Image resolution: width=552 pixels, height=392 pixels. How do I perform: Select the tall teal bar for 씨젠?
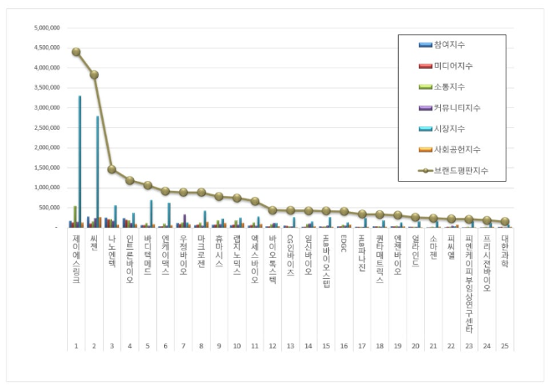pyautogui.click(x=98, y=172)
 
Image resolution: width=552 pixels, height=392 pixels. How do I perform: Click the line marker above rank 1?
pyautogui.click(x=76, y=52)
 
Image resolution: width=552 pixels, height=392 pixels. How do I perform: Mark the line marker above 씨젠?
pyautogui.click(x=94, y=75)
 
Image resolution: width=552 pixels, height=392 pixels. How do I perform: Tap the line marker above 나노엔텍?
pyautogui.click(x=111, y=169)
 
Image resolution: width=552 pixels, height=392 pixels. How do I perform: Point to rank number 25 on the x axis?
pyautogui.click(x=505, y=345)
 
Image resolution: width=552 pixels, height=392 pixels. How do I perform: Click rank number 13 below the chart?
pyautogui.click(x=290, y=345)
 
